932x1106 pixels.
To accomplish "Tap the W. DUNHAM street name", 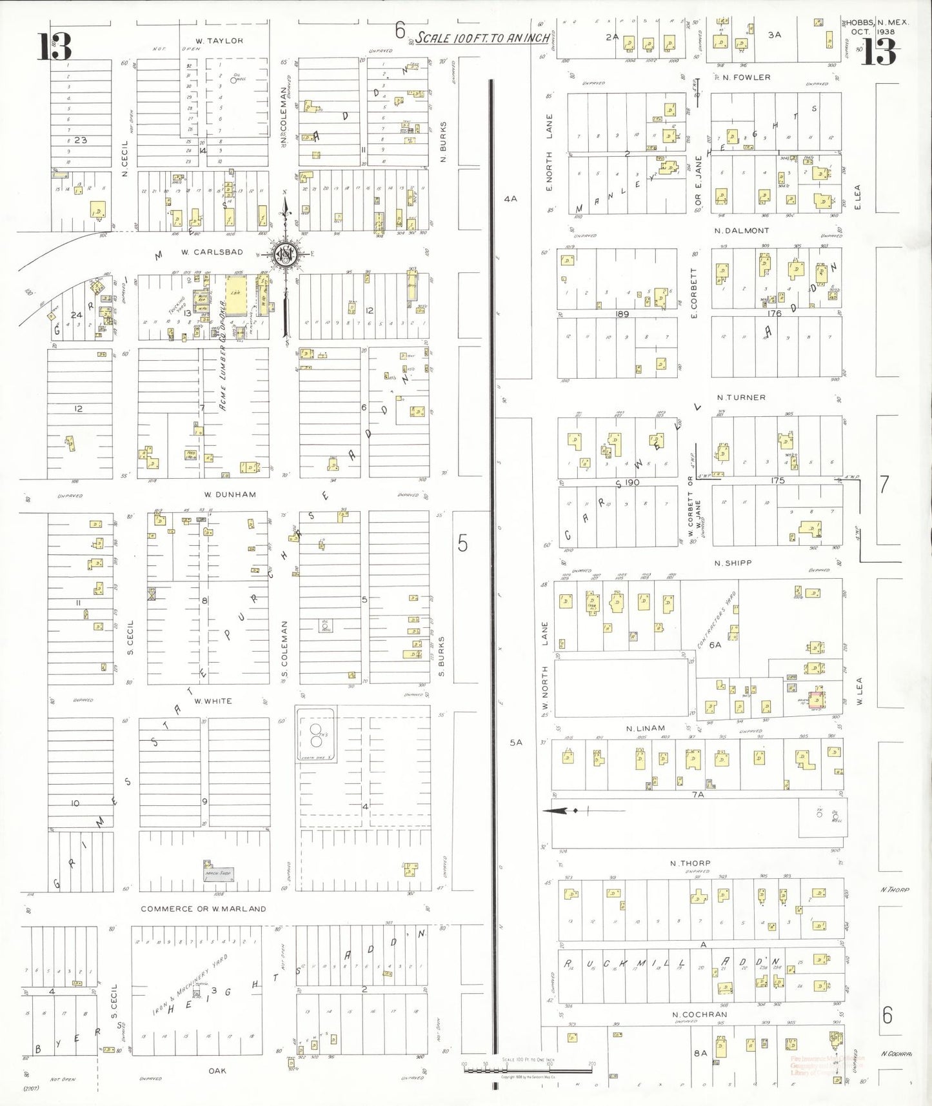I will (230, 494).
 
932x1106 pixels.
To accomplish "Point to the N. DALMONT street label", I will (742, 230).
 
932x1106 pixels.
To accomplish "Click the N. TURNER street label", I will (741, 397).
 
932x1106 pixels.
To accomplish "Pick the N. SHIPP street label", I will (733, 563).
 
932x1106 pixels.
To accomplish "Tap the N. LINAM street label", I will (645, 728).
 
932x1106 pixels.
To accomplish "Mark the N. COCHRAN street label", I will (699, 1014).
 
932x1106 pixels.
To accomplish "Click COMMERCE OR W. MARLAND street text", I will (203, 909).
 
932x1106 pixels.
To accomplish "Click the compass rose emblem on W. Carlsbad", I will (284, 254).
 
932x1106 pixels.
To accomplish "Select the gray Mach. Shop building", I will (217, 874).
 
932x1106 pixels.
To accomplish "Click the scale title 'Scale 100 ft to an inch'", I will (482, 38).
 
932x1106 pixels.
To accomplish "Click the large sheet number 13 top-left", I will (55, 46).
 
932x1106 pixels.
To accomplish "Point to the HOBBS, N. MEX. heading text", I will (877, 23).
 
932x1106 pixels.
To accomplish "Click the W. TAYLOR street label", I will (219, 41).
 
